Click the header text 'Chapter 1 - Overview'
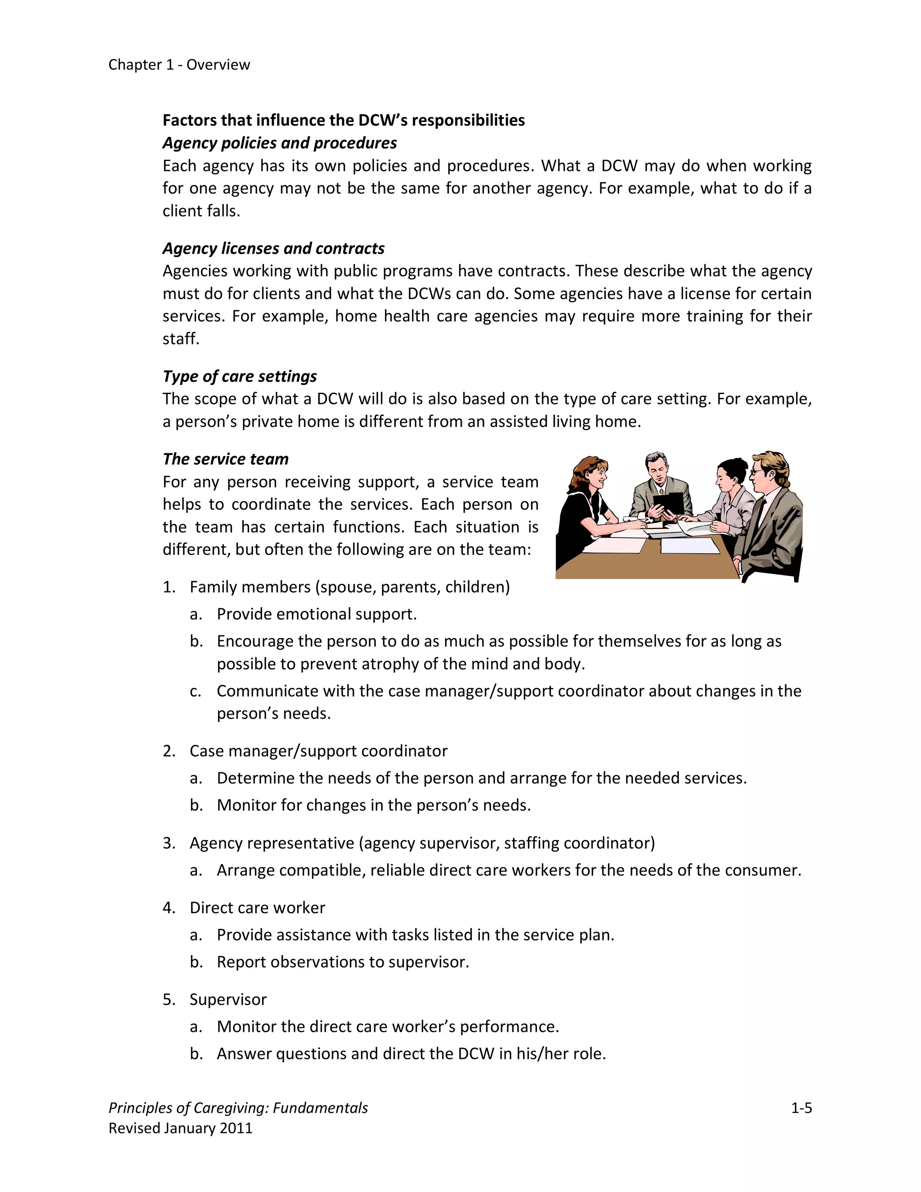179,64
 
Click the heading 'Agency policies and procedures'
279,143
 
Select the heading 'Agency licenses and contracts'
273,248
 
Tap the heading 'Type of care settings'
240,376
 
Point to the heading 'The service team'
225,459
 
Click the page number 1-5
801,1107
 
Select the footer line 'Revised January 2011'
180,1128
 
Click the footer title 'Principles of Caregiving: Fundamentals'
238,1107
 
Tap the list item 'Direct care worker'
257,907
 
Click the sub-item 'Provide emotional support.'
317,614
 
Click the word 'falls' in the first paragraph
222,211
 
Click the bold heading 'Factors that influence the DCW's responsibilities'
343,120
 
